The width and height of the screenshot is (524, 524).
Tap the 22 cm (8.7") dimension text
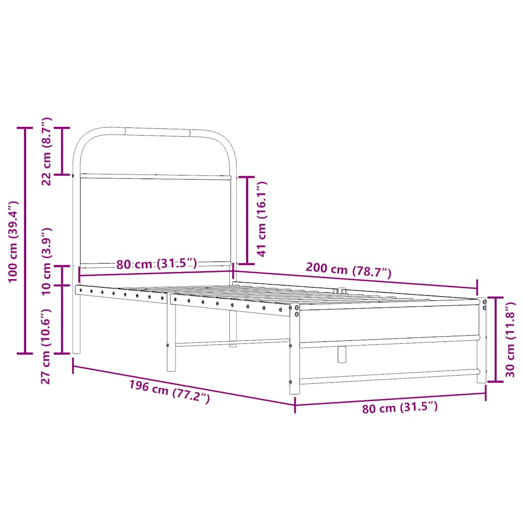tap(47, 151)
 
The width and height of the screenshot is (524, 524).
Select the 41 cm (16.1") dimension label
tap(262, 219)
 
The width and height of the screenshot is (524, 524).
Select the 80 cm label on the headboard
tap(156, 264)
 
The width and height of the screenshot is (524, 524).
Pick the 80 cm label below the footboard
tap(400, 408)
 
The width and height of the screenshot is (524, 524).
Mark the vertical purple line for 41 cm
tap(247, 219)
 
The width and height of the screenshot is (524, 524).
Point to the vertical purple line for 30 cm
tap(495, 339)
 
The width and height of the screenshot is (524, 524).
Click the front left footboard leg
tap(294, 353)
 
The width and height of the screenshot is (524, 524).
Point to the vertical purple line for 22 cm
tap(62, 151)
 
